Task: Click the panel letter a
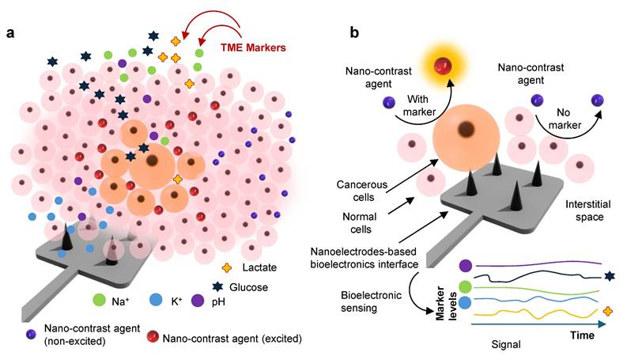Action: [11, 34]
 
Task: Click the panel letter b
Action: [355, 34]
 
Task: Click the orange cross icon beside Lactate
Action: [229, 268]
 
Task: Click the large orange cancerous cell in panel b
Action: [466, 142]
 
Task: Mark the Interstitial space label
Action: [580, 209]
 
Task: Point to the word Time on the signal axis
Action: [582, 335]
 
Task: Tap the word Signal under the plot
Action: [508, 345]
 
